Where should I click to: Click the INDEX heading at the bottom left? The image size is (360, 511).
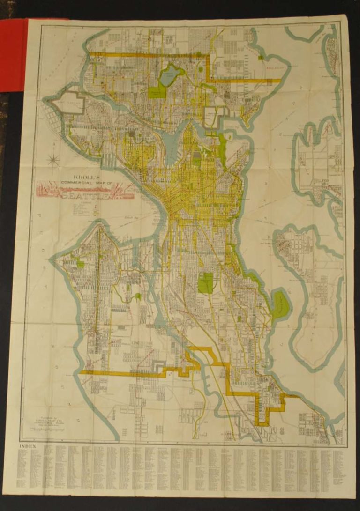[28, 446]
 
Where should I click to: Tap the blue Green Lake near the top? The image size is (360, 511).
[170, 74]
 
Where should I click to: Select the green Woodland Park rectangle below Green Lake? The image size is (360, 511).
[157, 89]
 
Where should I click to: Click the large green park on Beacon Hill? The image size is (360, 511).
[205, 283]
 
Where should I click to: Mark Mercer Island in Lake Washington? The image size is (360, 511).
[309, 281]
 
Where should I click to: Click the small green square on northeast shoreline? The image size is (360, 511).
[260, 58]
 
